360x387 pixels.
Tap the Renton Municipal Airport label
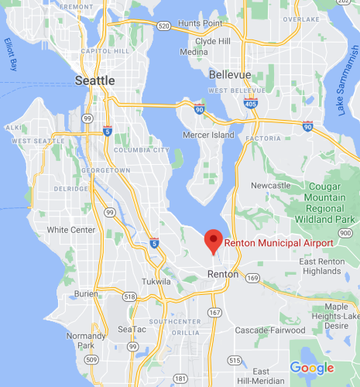(279, 243)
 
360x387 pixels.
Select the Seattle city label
(95, 80)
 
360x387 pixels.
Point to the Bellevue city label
(230, 74)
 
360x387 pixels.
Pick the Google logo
(312, 368)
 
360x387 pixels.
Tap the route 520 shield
(163, 27)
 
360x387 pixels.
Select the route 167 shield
(214, 312)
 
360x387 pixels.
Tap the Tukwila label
(156, 282)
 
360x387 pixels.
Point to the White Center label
(69, 230)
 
